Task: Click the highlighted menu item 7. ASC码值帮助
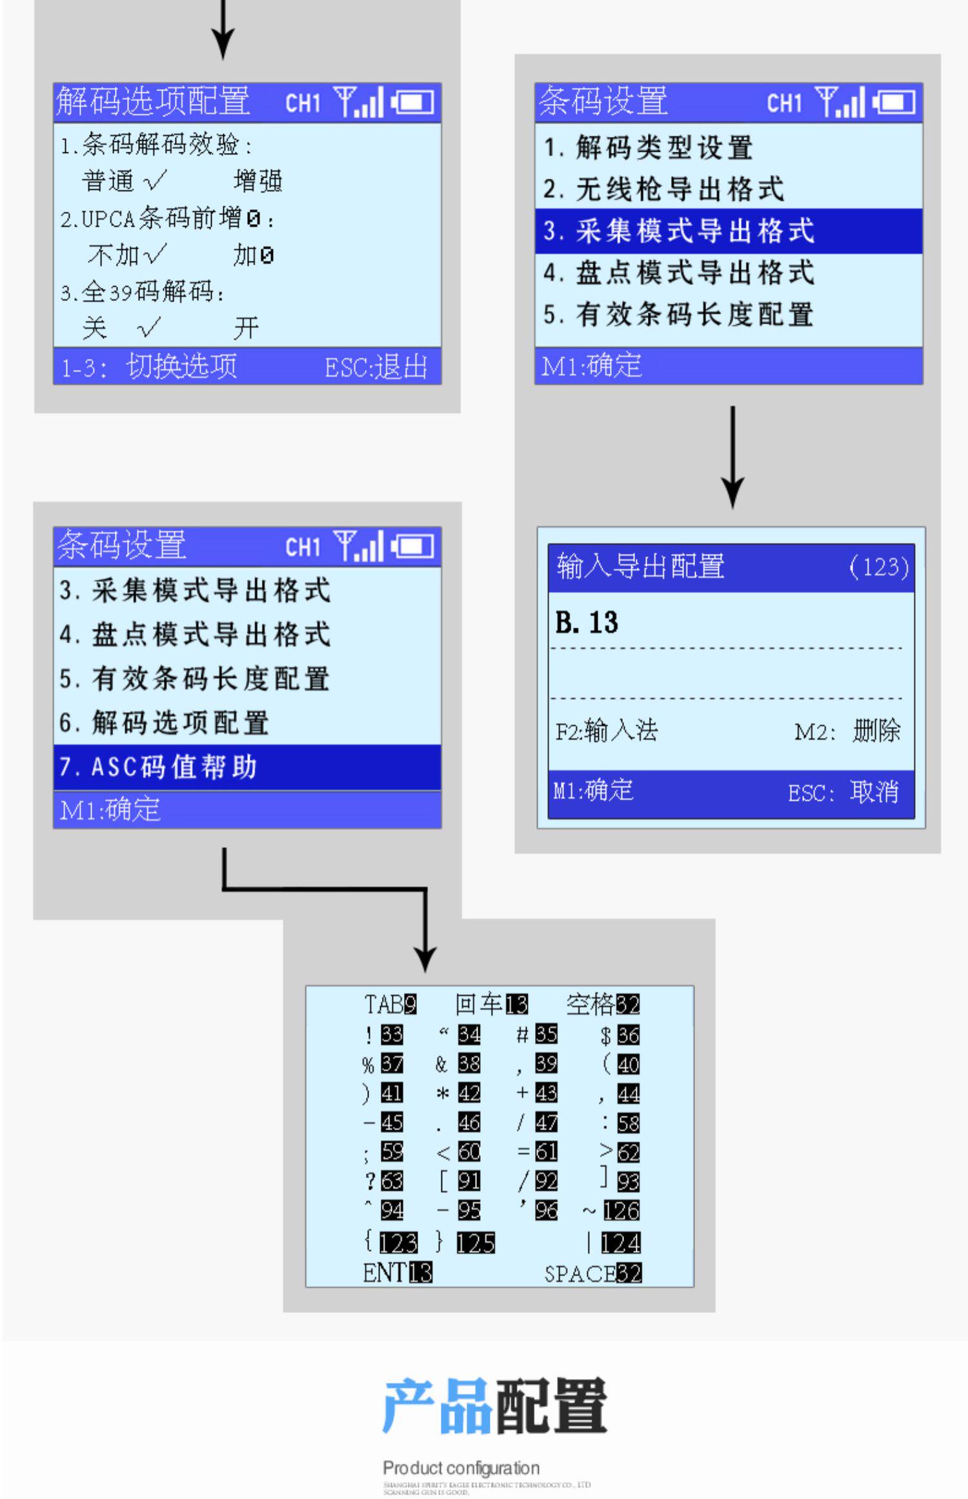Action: pos(159,767)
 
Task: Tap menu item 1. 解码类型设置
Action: pos(649,147)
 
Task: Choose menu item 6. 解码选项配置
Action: pos(165,723)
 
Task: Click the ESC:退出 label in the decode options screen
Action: pos(376,367)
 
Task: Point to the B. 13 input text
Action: pos(587,622)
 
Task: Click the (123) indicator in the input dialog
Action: pos(878,567)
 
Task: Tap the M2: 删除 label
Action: pos(847,731)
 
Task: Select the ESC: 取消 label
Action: pos(843,792)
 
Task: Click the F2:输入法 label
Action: pos(606,731)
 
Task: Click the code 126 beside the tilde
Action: pos(621,1211)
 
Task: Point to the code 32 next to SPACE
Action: pos(629,1273)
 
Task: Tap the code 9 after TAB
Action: pos(410,1004)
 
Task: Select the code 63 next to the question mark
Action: pos(392,1181)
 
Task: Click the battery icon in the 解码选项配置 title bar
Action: pos(412,102)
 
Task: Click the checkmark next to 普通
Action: pos(155,181)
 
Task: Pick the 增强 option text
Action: pos(258,181)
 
